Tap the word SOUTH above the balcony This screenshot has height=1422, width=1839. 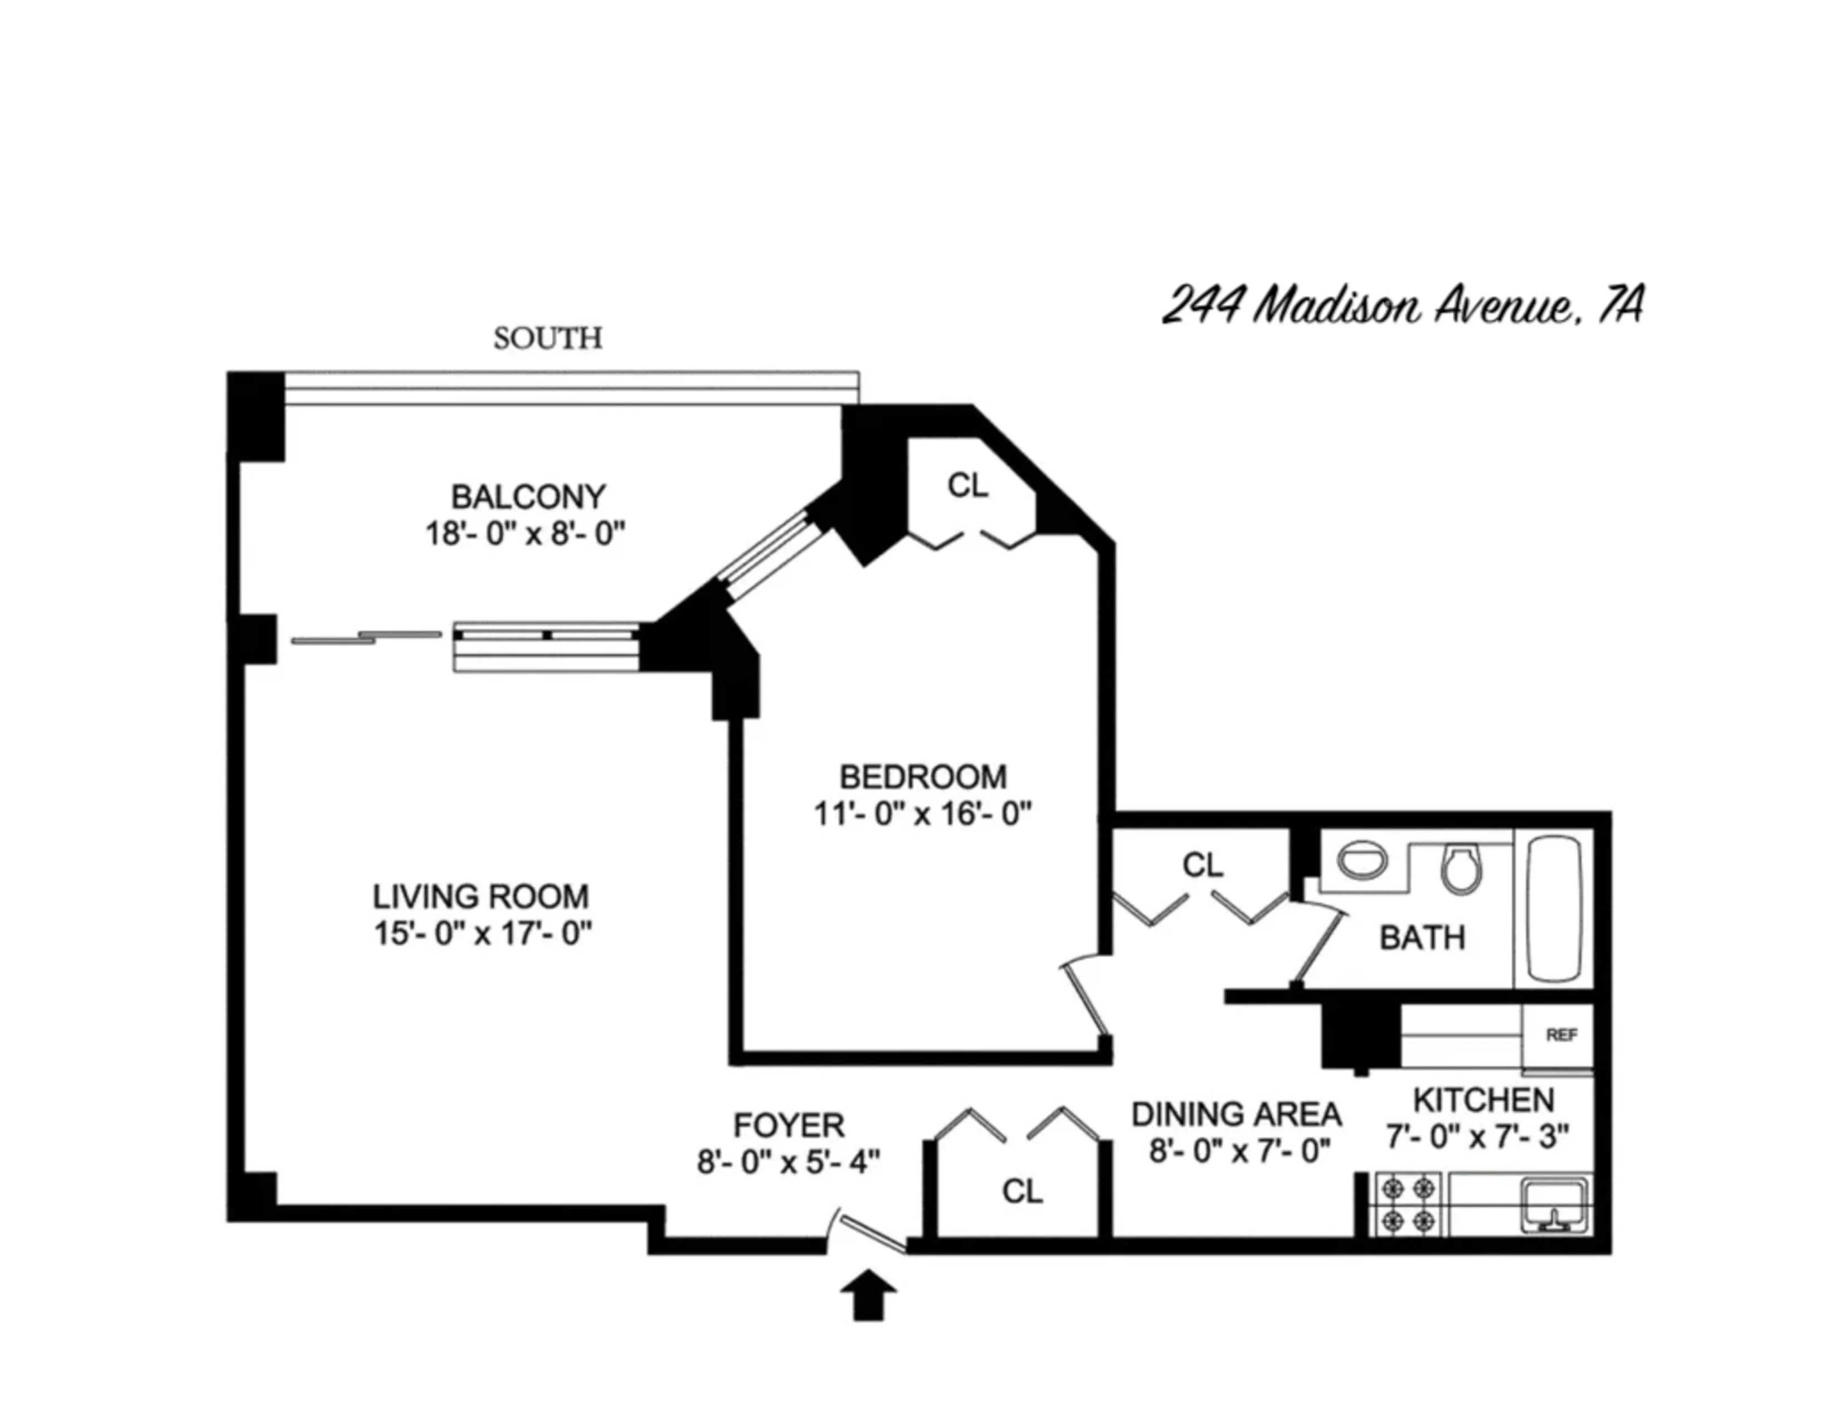548,338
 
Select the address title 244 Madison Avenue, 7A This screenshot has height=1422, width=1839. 1403,305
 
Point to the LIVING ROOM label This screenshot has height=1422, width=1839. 481,896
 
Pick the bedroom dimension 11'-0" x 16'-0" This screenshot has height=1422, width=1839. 923,814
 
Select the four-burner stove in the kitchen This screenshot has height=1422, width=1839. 1409,1205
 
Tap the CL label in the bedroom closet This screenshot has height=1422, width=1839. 967,485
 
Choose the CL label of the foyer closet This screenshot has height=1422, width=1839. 1022,1191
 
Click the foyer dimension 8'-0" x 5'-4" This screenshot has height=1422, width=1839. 788,1163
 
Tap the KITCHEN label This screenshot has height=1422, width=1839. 1483,1100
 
